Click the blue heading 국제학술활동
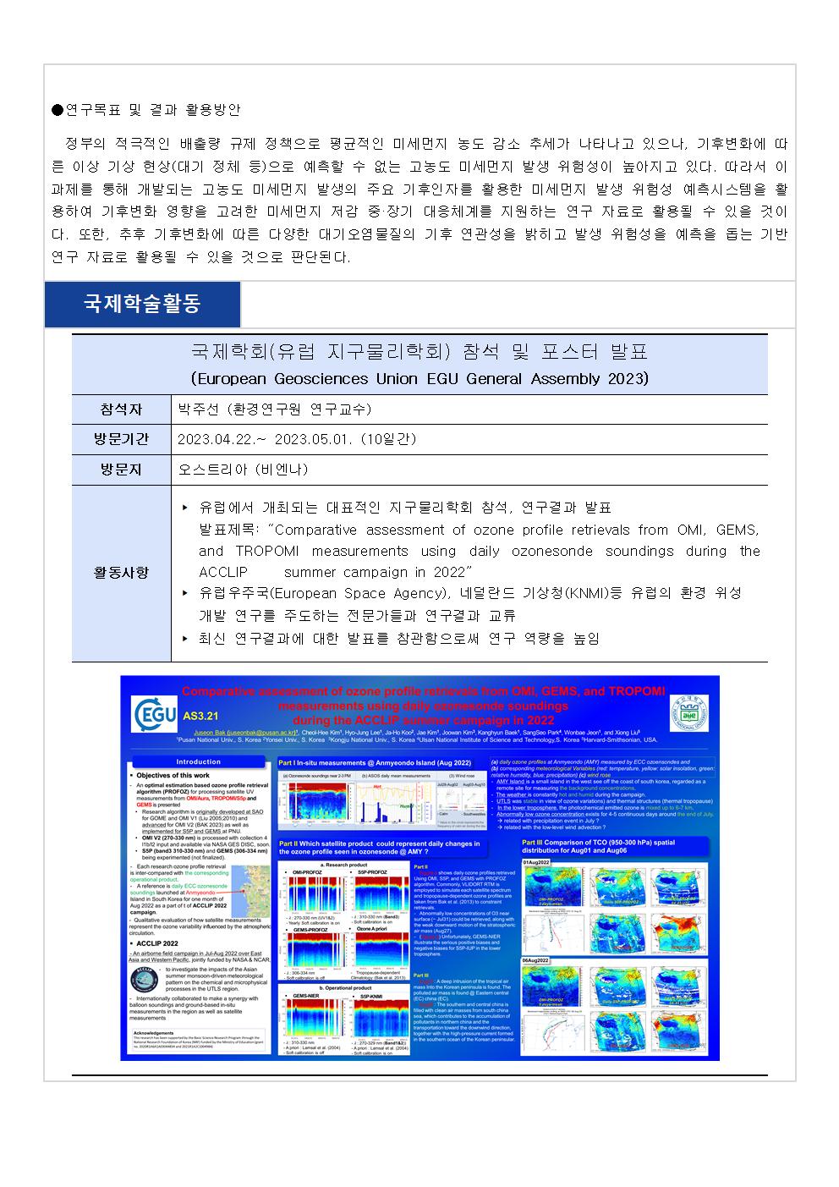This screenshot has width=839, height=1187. click(x=142, y=305)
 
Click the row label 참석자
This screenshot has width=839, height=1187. click(x=121, y=409)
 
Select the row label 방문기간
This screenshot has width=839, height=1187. click(x=121, y=439)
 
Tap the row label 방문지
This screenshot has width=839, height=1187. click(x=121, y=470)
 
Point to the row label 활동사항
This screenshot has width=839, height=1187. click(x=121, y=573)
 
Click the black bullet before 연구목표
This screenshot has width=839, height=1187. click(x=57, y=110)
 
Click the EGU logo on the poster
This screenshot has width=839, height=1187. click(x=155, y=715)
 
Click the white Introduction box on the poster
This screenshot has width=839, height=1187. click(x=198, y=762)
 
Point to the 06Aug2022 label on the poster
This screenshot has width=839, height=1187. click(x=537, y=961)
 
